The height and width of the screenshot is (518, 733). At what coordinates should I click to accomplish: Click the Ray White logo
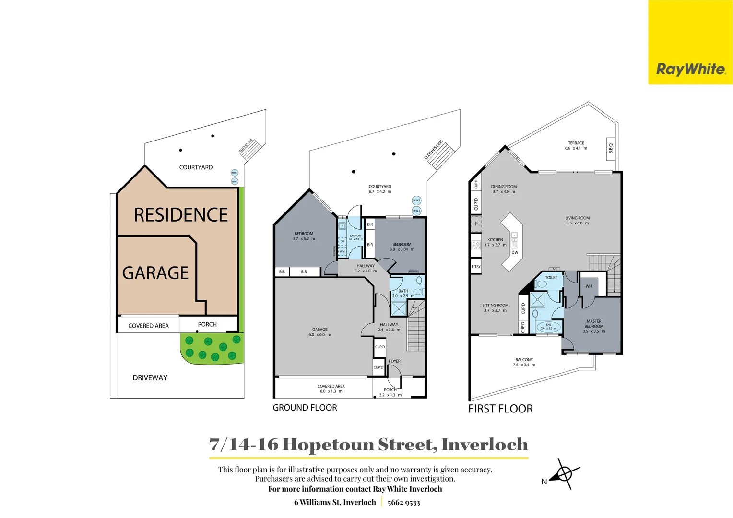[690, 70]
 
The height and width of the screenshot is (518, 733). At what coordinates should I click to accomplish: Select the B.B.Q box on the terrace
[611, 149]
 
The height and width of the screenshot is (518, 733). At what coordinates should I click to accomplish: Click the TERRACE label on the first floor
[576, 143]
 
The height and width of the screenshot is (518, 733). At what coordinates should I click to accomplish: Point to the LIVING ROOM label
[577, 218]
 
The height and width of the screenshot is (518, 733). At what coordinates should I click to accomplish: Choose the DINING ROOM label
[504, 187]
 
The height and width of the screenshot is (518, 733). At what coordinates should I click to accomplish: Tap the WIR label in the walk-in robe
[589, 286]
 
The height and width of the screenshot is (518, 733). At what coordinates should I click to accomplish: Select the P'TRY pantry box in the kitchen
[476, 267]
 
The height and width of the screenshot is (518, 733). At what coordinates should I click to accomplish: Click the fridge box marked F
[476, 224]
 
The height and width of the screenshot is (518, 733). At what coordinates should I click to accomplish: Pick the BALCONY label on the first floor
[524, 360]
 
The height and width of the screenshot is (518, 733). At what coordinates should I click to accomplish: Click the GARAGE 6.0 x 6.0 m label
[319, 330]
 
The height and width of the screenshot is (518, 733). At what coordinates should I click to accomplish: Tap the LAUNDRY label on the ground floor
[355, 236]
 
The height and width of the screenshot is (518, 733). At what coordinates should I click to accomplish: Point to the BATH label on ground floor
[403, 291]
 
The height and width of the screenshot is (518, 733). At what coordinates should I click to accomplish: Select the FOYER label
[394, 361]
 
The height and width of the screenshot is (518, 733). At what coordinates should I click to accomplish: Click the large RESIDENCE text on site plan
[181, 215]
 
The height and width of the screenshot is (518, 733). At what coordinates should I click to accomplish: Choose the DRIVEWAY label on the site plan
[150, 378]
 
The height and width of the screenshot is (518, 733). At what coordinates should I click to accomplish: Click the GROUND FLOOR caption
[305, 408]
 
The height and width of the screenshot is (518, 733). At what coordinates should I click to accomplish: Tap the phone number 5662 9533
[403, 503]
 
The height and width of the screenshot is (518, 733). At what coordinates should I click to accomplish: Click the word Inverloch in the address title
[484, 445]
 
